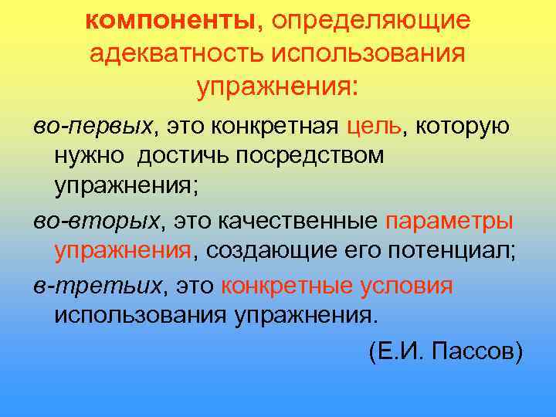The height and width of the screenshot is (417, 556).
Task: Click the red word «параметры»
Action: click(449, 222)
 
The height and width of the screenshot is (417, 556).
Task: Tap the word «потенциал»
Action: click(450, 253)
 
